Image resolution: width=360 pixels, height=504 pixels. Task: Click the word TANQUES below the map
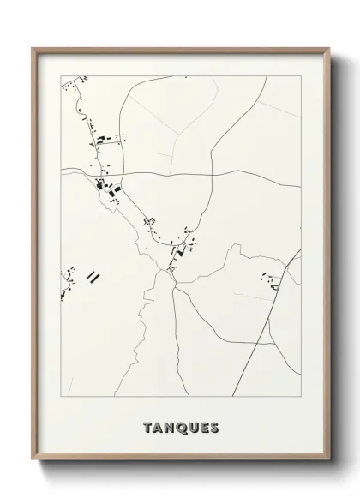[182, 428]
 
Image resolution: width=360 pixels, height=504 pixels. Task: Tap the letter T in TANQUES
[149, 428]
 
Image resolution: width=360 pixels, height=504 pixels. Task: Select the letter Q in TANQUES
[182, 428]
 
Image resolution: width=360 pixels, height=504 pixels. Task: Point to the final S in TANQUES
[214, 428]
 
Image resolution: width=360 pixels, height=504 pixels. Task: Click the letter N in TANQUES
[171, 428]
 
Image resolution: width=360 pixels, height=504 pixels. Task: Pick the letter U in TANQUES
[193, 428]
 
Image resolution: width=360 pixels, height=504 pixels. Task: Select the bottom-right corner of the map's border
[302, 398]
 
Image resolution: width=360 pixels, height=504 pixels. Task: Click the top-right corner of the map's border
[302, 75]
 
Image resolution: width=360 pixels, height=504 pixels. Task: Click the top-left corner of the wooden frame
[32, 47]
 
